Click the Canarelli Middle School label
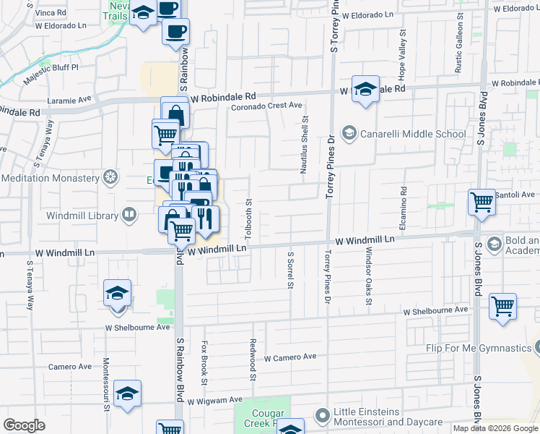pos(414,134)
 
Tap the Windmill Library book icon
pos(129,213)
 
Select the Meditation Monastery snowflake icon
pos(110,177)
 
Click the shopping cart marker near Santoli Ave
pos(482,203)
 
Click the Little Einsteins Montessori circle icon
pos(322,414)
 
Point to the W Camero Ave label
pos(290,357)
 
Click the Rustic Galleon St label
pos(458,49)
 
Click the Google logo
pos(24,425)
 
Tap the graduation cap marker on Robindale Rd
pos(366,90)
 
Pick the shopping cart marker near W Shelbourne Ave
pos(502,306)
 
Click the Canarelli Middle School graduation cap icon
pos(349,133)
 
